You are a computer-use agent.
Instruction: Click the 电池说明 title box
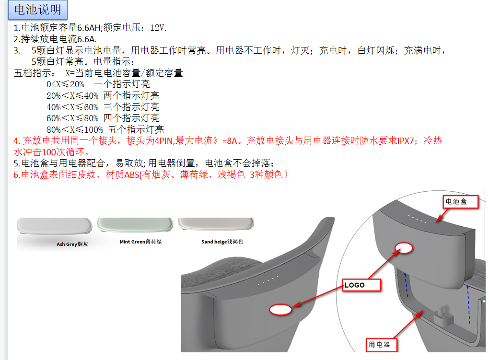(x=38, y=10)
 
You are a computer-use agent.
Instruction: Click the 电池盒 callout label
(x=460, y=202)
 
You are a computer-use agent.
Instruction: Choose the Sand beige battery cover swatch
(x=216, y=224)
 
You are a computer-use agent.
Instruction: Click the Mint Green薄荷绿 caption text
(x=140, y=242)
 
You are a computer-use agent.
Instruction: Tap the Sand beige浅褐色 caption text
(x=222, y=242)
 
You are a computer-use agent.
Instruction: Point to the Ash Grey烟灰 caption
(x=72, y=244)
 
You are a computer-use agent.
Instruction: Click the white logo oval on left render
(x=280, y=310)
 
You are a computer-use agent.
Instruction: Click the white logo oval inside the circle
(x=404, y=248)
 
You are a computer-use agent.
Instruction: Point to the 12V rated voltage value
(x=158, y=28)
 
